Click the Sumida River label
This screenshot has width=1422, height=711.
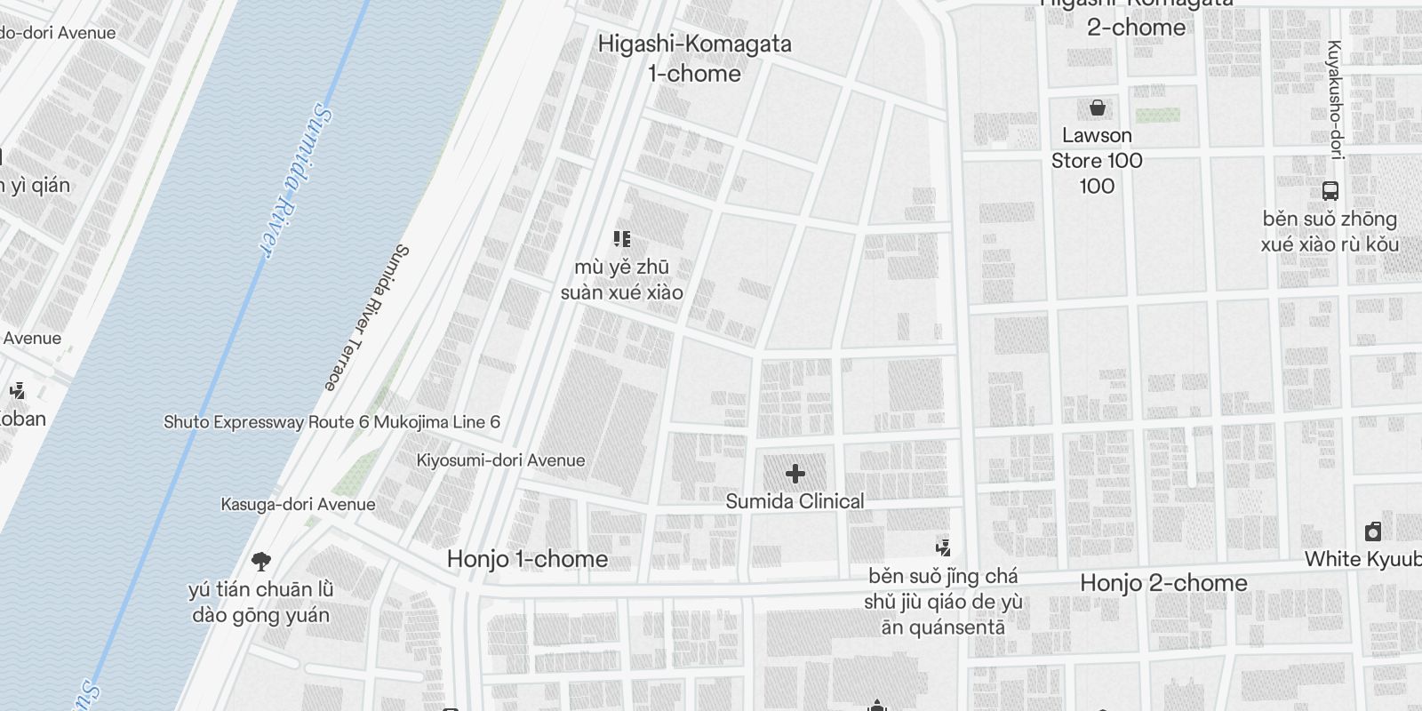[x=296, y=181]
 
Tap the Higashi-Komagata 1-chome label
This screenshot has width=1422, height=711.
[x=694, y=59]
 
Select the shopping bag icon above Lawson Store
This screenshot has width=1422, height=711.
[x=1098, y=108]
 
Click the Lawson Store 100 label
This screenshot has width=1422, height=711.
[x=1097, y=161]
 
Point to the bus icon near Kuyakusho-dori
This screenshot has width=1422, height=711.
[x=1330, y=190]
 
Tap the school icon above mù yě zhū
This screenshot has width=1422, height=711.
[x=622, y=238]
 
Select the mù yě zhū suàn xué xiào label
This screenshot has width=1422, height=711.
[x=622, y=280]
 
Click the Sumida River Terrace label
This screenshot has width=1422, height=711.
[x=364, y=317]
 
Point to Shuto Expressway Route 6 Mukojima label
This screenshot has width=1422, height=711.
[x=332, y=422]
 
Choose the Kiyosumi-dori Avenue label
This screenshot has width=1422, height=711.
[x=501, y=460]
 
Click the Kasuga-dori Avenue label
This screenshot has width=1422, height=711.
[x=298, y=505]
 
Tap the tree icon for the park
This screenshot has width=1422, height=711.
[x=260, y=562]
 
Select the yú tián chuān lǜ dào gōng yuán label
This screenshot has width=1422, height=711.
[x=260, y=603]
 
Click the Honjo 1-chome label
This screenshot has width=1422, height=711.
[x=528, y=559]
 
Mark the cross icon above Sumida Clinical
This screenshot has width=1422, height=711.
[x=795, y=475]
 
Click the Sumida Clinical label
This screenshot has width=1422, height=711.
[x=795, y=501]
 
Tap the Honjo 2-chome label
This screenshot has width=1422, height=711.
[x=1163, y=583]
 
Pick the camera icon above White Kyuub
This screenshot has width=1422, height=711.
[x=1373, y=531]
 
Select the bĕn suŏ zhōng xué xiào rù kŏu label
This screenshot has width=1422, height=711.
[x=1330, y=231]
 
